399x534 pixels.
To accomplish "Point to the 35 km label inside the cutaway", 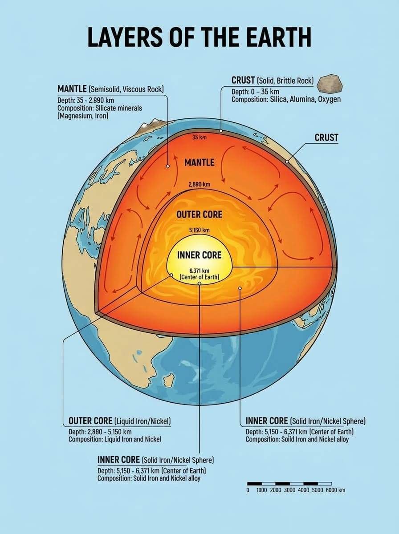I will (x=199, y=138).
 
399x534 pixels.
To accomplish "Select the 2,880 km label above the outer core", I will (x=199, y=184).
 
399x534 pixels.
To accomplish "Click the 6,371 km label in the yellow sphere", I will (x=199, y=271).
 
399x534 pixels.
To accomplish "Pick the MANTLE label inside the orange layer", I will (x=199, y=162).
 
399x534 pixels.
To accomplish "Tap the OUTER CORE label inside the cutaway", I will (x=199, y=214).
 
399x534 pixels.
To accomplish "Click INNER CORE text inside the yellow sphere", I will (x=199, y=255).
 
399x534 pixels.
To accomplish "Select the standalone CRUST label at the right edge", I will (x=326, y=138).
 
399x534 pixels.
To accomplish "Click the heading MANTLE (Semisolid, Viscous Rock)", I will (x=110, y=89).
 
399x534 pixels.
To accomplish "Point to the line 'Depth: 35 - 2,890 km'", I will (x=86, y=100).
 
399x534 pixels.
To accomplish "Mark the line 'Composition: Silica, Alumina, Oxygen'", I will (x=286, y=99).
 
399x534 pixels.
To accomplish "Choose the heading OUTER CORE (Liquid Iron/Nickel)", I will (x=120, y=421).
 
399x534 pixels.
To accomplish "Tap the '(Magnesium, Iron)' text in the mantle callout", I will (x=83, y=116).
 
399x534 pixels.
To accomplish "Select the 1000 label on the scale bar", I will (x=262, y=490).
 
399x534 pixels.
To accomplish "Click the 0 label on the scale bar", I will (x=248, y=490).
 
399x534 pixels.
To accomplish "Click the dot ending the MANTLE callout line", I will (x=168, y=166).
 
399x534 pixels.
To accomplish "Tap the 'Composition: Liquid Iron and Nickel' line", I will (x=115, y=439).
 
